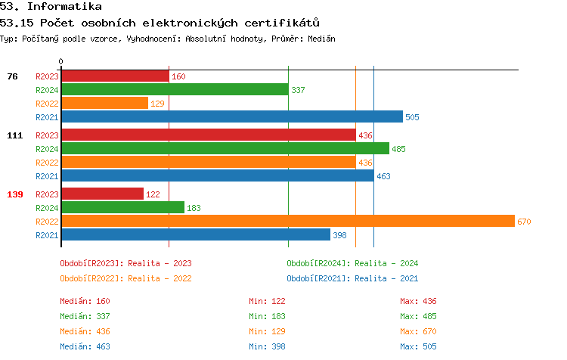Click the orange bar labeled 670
287,221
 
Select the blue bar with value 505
231,116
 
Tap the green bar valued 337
175,89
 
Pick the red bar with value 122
102,194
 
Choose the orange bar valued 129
104,103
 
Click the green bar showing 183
122,207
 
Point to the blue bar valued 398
196,234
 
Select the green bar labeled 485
225,148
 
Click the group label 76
12,76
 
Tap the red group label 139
15,194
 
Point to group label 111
15,135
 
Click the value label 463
383,176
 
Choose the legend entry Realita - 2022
125,278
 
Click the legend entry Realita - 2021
352,278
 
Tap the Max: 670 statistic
418,331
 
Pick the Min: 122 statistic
267,301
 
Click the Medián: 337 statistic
85,316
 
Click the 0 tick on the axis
61,61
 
